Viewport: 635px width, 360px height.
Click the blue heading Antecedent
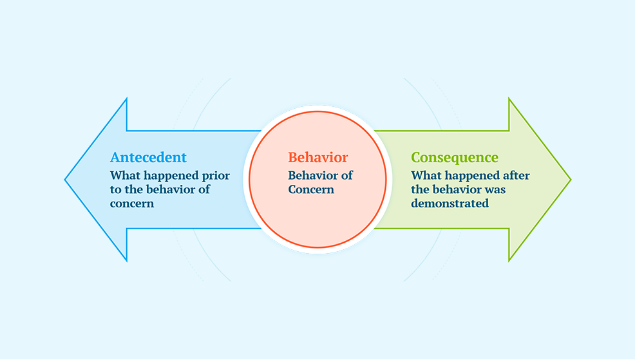click(x=148, y=157)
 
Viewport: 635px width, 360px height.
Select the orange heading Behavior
click(x=318, y=157)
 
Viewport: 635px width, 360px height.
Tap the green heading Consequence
click(x=455, y=158)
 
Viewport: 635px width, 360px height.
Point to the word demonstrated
click(x=450, y=204)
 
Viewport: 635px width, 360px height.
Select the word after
click(x=517, y=175)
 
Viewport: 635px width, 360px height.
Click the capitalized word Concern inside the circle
click(x=311, y=189)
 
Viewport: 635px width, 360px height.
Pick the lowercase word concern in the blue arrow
click(x=132, y=204)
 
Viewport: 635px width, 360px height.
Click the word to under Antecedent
click(x=115, y=190)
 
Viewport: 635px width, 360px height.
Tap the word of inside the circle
click(x=347, y=175)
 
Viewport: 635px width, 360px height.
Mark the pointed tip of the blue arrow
click(x=65, y=180)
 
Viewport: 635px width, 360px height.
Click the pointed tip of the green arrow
click(x=571, y=180)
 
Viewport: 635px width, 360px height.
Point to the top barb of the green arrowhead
click(x=509, y=99)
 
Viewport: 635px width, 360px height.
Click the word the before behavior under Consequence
click(x=420, y=189)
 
